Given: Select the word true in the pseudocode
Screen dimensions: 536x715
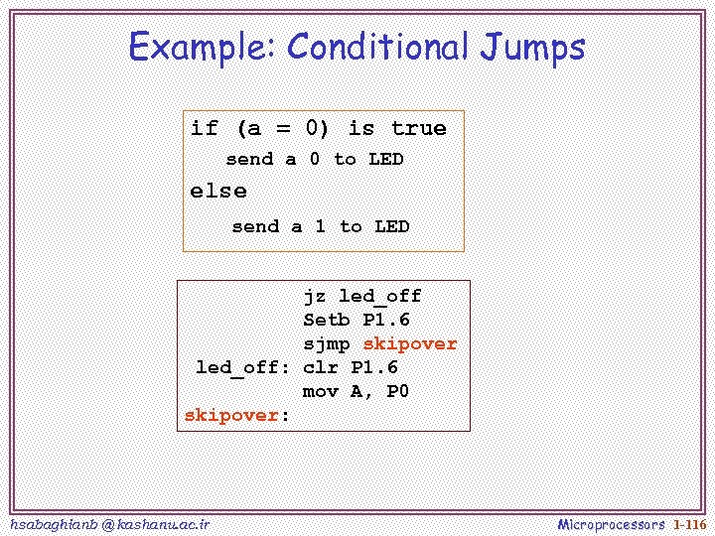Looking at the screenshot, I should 418,128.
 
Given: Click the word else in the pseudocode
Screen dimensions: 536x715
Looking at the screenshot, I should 218,191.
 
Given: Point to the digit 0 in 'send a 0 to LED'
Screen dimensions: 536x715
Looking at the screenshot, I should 315,159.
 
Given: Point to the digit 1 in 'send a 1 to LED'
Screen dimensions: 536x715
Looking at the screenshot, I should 320,226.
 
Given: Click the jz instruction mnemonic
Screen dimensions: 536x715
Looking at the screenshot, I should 314,296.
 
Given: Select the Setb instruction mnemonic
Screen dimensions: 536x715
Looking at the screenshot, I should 327,320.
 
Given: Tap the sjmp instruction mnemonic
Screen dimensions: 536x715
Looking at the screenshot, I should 327,343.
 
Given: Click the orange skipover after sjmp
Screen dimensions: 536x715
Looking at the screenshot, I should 410,343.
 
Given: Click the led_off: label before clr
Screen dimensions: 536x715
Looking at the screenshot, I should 242,367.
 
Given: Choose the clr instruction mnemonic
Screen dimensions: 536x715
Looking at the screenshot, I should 321,367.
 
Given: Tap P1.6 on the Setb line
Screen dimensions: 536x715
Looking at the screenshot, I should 386,320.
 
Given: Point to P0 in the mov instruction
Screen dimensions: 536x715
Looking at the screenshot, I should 397,391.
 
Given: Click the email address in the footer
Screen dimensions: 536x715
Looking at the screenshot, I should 108,523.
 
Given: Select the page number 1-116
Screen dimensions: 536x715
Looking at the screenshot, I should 689,523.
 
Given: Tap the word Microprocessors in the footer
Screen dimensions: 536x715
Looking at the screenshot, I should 612,523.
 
